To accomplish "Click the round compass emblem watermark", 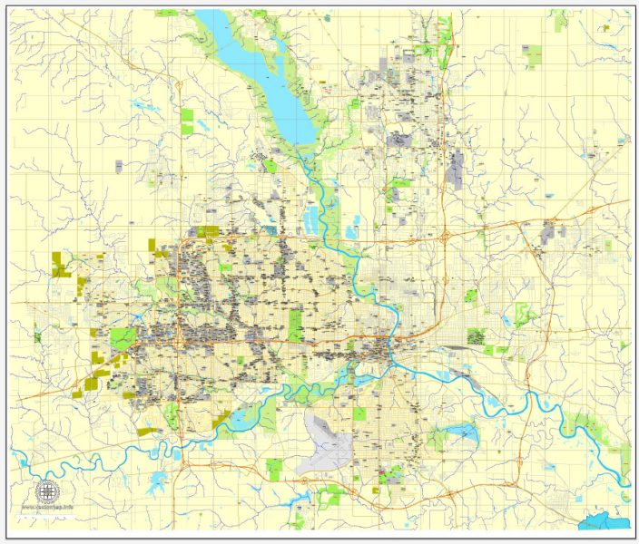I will coord(47,491).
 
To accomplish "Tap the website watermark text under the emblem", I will coord(47,506).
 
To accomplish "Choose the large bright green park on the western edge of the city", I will coord(122,340).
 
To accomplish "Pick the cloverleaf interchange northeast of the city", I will coord(448,237).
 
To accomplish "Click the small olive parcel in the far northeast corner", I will coord(605,28).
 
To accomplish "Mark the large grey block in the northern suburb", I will coord(456,164).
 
